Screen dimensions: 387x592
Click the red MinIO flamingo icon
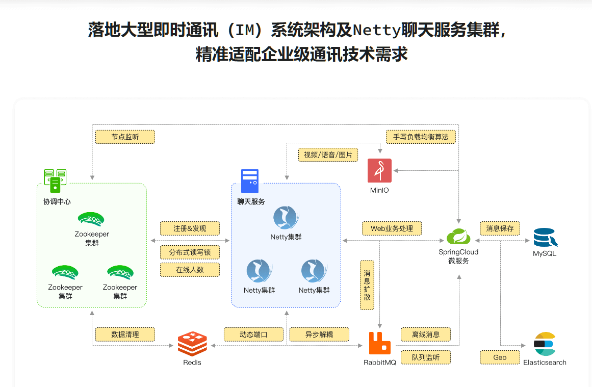[379, 170]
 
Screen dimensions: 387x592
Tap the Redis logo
[192, 344]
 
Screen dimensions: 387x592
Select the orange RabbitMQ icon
[379, 343]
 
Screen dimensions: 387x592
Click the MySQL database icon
[545, 238]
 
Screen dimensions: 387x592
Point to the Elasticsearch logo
[544, 344]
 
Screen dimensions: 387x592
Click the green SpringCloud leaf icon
[458, 237]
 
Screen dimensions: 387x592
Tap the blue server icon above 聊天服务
[250, 181]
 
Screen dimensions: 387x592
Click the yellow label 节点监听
[125, 137]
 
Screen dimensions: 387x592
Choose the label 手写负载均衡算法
[421, 137]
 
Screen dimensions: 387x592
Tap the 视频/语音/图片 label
[328, 154]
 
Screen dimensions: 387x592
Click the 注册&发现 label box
[190, 228]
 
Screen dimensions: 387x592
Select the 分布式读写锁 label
[190, 252]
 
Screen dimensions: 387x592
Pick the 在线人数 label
[190, 270]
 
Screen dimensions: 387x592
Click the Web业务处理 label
[392, 228]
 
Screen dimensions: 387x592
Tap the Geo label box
[500, 357]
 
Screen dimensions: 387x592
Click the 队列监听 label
[426, 357]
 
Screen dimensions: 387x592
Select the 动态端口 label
[253, 334]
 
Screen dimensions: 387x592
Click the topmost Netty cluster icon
[286, 218]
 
